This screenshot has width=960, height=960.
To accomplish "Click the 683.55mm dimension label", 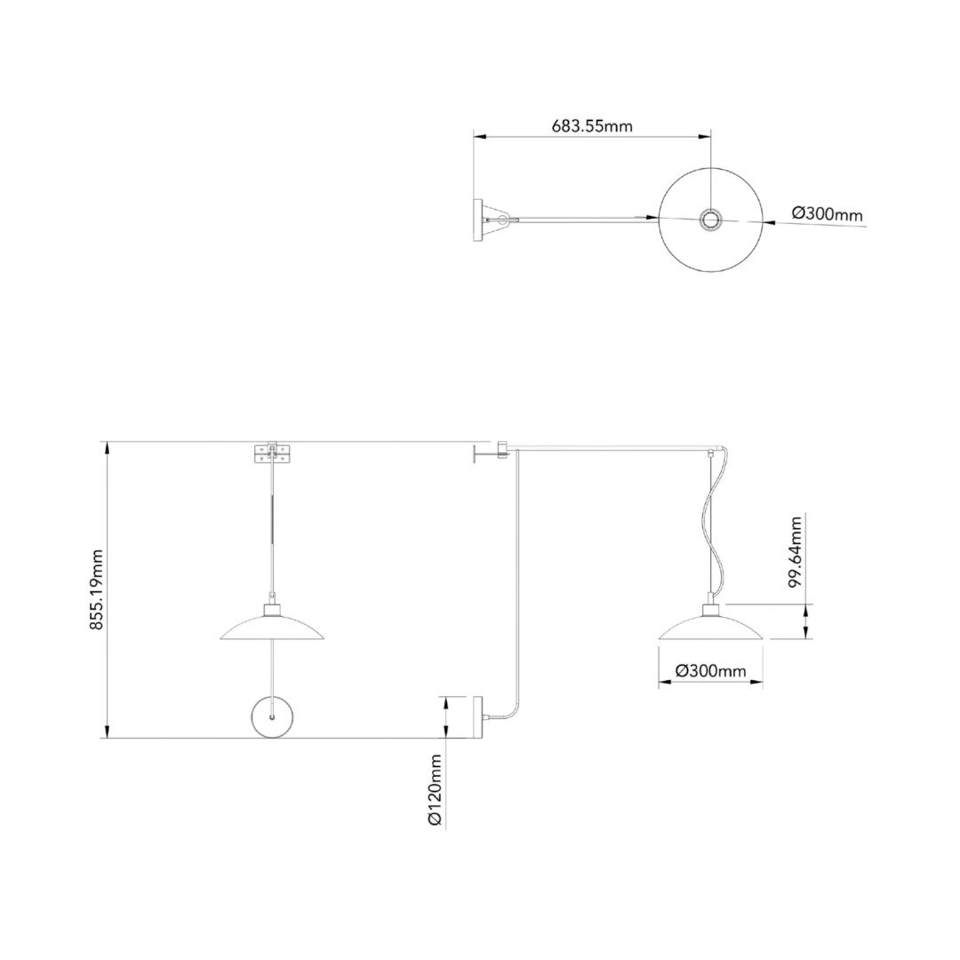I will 592,125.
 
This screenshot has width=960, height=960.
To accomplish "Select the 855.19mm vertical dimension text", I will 97,589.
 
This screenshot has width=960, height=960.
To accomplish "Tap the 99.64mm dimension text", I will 796,550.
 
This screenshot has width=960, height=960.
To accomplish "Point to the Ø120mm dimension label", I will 435,790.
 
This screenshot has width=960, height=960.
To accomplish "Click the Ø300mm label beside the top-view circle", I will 827,214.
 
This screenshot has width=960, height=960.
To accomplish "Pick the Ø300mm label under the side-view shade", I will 710,671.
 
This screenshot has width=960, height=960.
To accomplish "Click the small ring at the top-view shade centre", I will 711,219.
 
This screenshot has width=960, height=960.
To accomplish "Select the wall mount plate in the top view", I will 478,219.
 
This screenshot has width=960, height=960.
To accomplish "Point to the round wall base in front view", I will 273,716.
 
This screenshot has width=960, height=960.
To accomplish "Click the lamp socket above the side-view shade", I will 710,609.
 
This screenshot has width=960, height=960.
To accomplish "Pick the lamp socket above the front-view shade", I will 273,609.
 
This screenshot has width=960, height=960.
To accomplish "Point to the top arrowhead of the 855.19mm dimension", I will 107,447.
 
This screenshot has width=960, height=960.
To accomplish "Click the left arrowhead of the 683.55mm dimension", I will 478,136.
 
